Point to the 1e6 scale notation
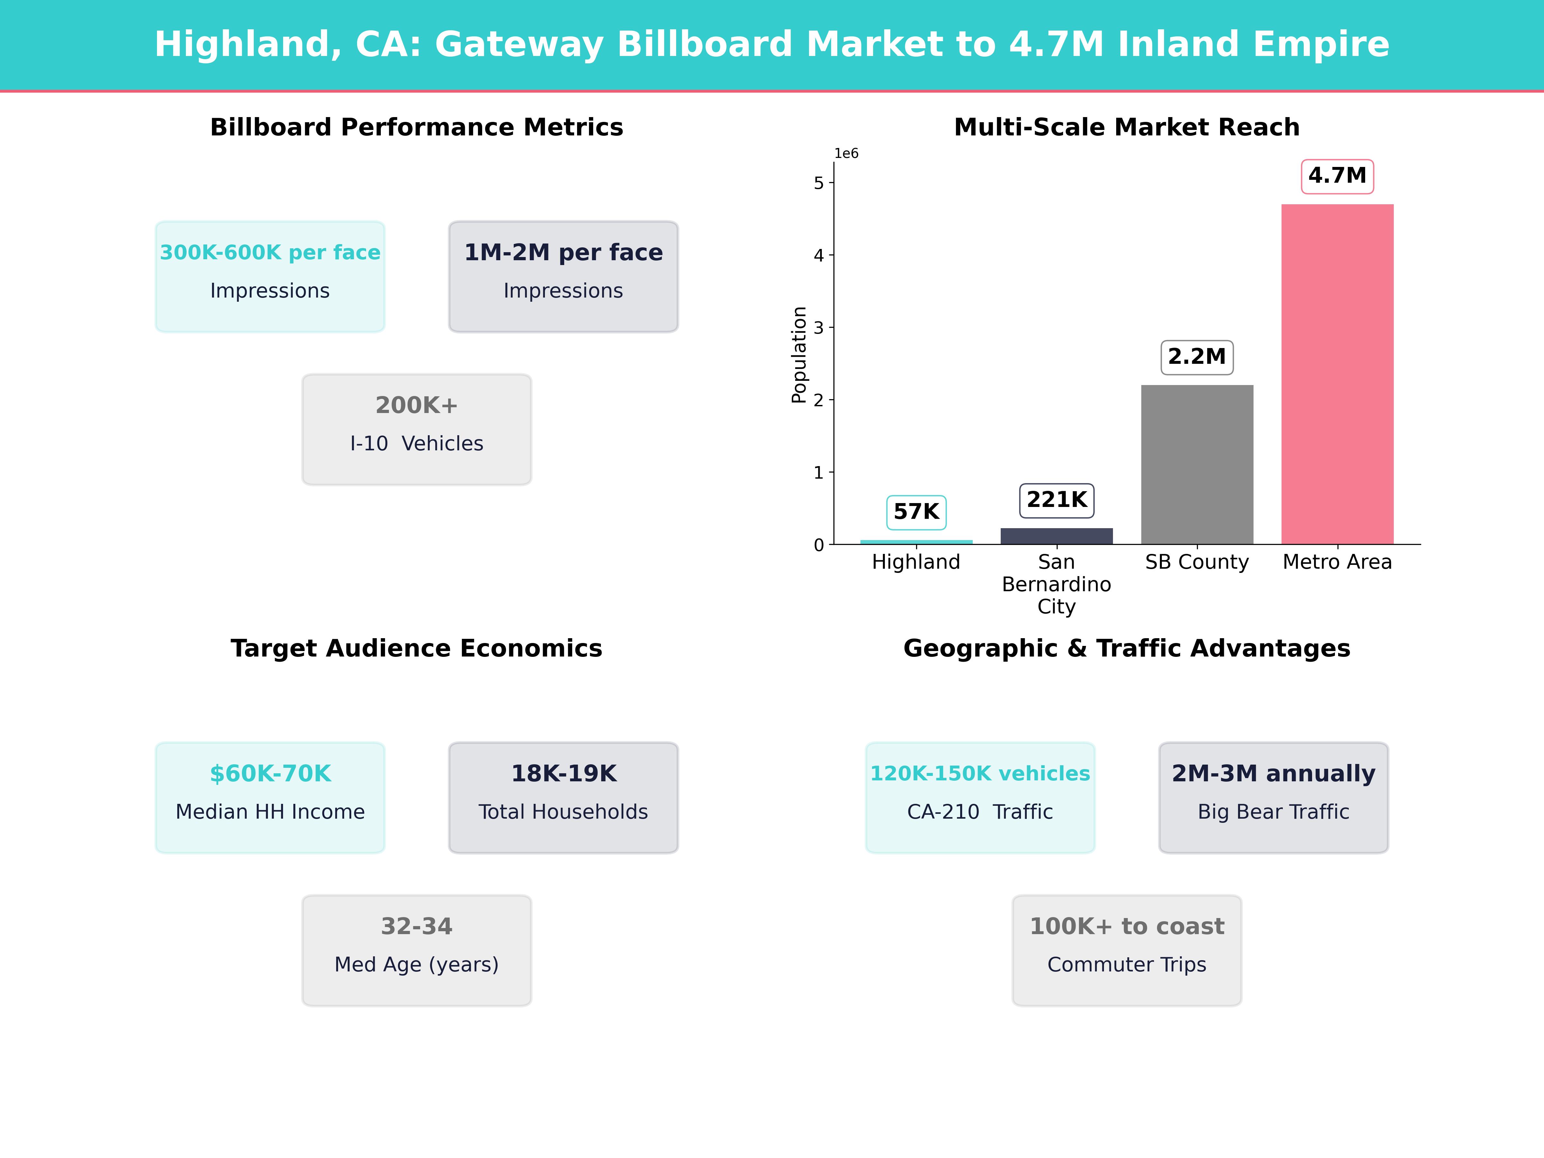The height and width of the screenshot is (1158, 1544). pos(846,153)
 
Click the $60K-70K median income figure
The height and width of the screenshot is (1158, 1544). pos(270,773)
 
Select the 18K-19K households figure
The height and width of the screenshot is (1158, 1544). pos(563,773)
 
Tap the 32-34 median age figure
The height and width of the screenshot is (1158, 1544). pos(417,926)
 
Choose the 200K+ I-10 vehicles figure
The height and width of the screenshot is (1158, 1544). pos(417,405)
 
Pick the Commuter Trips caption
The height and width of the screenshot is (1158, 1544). pos(1126,965)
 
